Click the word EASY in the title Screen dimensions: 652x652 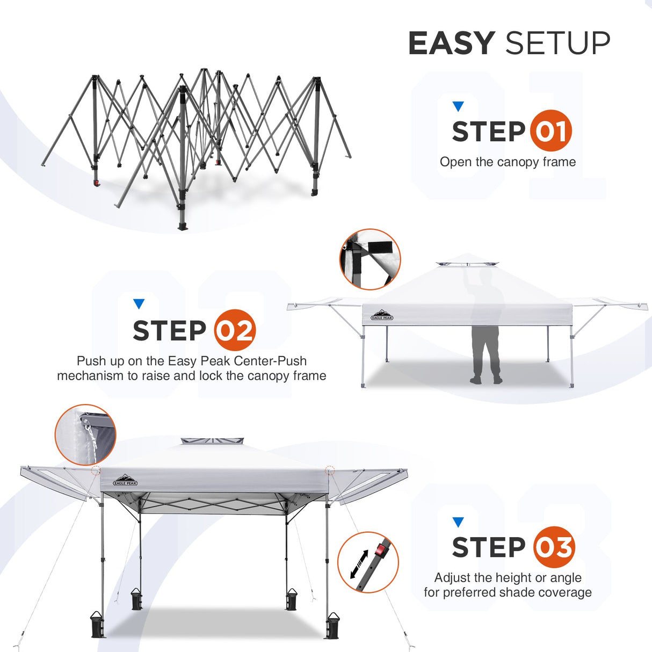click(451, 44)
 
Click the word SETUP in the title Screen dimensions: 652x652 click(557, 44)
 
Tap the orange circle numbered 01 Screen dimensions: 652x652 click(550, 131)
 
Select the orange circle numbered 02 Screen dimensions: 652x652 click(235, 330)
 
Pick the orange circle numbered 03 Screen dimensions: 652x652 click(554, 547)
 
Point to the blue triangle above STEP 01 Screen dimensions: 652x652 click(458, 106)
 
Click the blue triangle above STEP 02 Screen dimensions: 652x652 click(139, 304)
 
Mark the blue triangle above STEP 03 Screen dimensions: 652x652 click(458, 522)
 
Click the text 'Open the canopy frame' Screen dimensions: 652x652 click(508, 162)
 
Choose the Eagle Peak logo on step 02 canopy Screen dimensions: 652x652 click(382, 315)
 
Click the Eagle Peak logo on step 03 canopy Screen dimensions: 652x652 click(125, 480)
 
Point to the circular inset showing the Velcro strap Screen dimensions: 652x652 click(371, 259)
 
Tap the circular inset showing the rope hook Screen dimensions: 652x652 click(85, 434)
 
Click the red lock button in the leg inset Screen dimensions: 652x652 click(381, 549)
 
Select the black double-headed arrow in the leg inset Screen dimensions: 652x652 click(359, 564)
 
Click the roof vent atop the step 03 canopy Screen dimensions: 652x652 click(212, 441)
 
